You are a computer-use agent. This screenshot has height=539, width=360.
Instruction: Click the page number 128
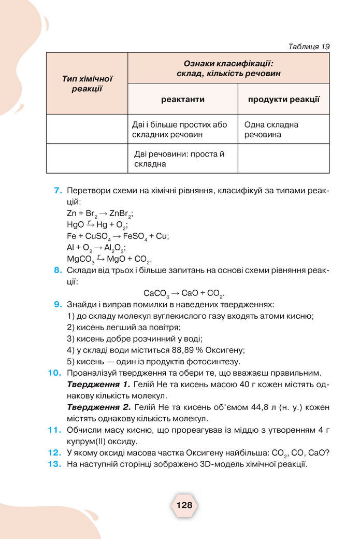(x=184, y=505)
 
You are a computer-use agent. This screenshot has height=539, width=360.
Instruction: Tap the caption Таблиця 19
(x=309, y=46)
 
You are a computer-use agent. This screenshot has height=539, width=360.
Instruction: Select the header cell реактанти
(x=182, y=99)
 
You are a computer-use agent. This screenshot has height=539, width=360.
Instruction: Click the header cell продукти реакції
(x=283, y=99)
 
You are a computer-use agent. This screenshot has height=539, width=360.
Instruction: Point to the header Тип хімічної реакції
(x=87, y=83)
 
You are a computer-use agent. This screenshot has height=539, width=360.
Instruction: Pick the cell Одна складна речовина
(x=271, y=130)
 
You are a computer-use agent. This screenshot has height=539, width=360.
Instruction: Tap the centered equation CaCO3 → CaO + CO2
(x=184, y=293)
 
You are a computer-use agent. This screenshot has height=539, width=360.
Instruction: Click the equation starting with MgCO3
(x=109, y=259)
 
